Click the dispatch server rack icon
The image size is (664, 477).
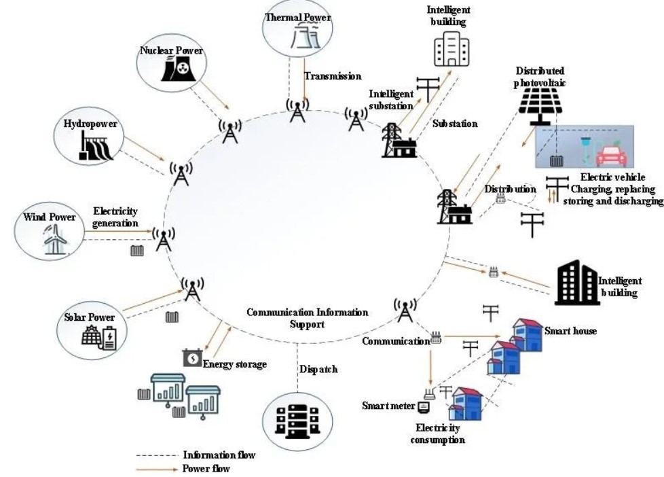pos(297,417)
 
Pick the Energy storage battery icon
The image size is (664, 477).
pos(192,357)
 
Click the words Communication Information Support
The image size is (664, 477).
pos(307,318)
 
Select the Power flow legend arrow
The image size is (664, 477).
pos(155,469)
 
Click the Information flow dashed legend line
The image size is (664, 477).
pos(155,455)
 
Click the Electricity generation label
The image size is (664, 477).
pos(115,217)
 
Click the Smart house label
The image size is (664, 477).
pos(570,331)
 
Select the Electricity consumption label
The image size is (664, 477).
pos(438,434)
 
